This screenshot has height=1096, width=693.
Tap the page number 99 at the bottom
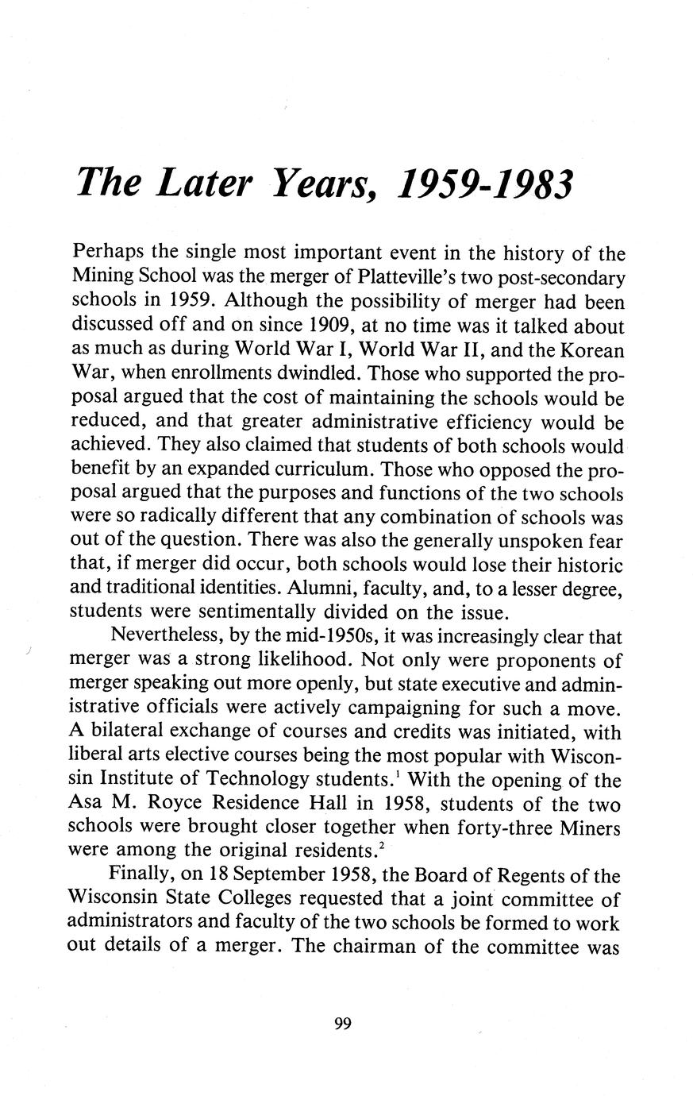[343, 1023]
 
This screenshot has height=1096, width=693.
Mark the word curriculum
[328, 469]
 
